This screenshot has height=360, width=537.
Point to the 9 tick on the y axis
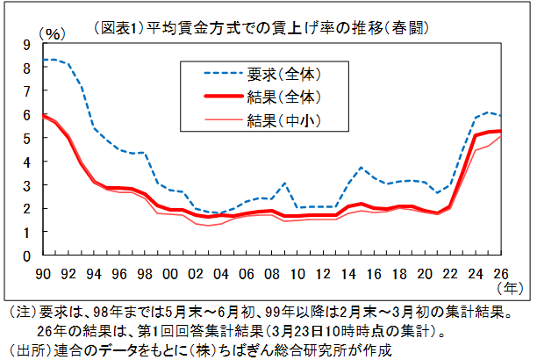coord(26,44)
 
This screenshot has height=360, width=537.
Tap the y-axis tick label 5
coord(26,139)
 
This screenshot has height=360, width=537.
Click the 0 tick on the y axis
coord(26,256)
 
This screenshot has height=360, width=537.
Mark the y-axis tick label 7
coord(26,91)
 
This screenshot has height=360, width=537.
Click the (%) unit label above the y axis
coord(54,33)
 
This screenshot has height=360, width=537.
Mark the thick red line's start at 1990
coord(41,115)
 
